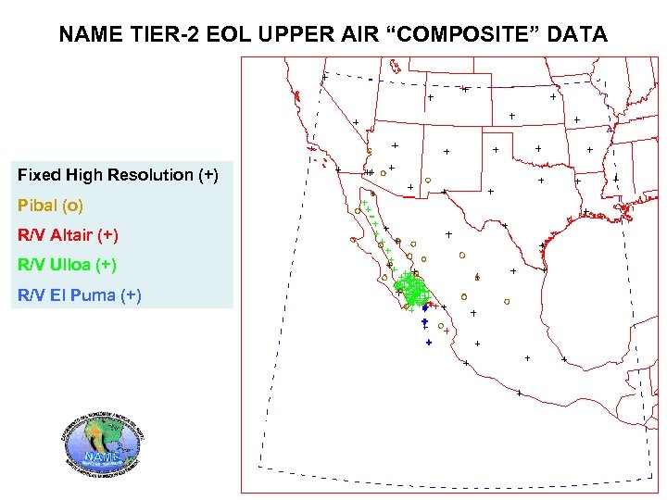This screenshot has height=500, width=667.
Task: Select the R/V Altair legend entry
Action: point(68,234)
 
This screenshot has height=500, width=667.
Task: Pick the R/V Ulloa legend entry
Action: point(67,265)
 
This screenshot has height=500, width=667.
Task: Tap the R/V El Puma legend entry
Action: point(79,295)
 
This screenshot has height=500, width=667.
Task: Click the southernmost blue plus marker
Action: point(429,343)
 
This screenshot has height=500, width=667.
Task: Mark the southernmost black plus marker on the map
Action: point(520,394)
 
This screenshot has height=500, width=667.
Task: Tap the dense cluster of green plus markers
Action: point(412,290)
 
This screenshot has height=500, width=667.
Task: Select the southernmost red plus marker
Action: point(447,331)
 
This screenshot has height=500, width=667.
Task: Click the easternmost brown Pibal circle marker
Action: point(507,301)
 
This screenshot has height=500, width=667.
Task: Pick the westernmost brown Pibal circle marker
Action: point(354,240)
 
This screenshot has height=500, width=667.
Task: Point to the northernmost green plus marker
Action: point(364,203)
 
